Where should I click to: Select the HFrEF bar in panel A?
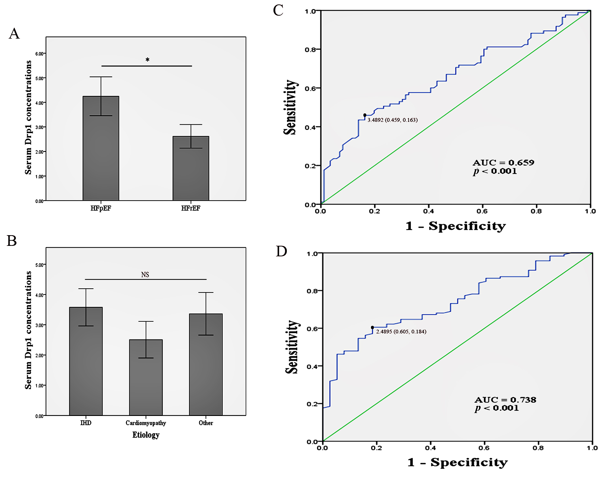[191, 168]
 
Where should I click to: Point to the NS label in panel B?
[145, 275]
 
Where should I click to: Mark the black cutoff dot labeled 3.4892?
[365, 115]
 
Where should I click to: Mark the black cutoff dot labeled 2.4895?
[372, 327]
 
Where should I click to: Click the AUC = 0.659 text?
[503, 163]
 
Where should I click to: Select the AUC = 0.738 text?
[505, 400]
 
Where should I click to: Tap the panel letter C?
[278, 10]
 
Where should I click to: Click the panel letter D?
[281, 251]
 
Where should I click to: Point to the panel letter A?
[14, 34]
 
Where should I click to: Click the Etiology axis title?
[146, 435]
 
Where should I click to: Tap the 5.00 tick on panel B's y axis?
[39, 265]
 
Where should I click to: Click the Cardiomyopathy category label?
[146, 423]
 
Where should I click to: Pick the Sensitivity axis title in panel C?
[290, 107]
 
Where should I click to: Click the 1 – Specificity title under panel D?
[457, 462]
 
